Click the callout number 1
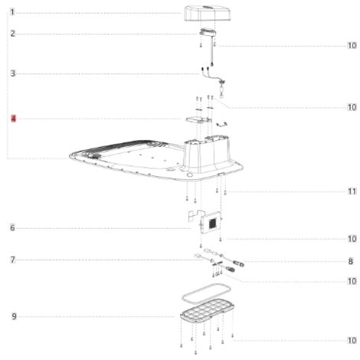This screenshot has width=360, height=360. [x=12, y=12]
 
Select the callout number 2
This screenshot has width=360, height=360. [x=12, y=34]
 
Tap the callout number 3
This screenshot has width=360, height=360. [x=13, y=74]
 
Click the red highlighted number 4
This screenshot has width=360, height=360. [x=13, y=119]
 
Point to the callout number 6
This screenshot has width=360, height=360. [x=12, y=227]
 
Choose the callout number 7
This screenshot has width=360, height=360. [x=13, y=260]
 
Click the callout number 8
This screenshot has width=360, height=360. [x=350, y=261]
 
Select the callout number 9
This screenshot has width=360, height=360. [x=14, y=316]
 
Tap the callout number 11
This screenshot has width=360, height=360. [x=352, y=191]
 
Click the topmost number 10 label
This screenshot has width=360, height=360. [x=352, y=45]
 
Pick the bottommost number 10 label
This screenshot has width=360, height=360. [x=352, y=340]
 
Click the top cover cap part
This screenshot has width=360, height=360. [x=208, y=13]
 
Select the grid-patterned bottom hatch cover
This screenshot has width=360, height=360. [x=207, y=311]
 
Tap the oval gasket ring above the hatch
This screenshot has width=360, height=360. [x=206, y=292]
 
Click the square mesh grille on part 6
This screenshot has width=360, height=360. [x=213, y=224]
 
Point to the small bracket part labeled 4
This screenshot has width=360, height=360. [x=198, y=119]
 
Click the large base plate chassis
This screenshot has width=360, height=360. [x=155, y=159]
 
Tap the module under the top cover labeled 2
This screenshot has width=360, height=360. [x=208, y=32]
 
